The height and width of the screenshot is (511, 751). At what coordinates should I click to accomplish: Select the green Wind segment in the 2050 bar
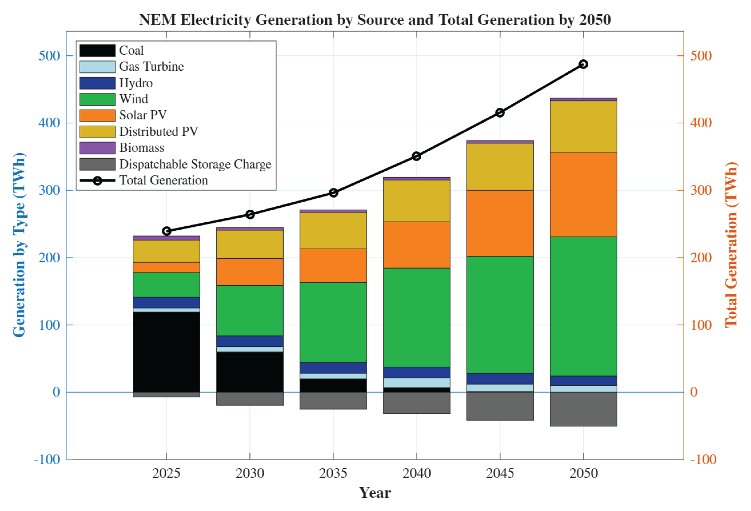tap(583, 306)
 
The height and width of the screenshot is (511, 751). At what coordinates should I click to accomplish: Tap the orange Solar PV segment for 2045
tap(500, 223)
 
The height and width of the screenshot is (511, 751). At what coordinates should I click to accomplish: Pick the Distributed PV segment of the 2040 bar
tap(416, 201)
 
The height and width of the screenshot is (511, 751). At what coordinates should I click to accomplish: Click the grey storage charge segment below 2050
tap(583, 409)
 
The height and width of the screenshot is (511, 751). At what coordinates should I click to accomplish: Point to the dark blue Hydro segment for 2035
tap(333, 368)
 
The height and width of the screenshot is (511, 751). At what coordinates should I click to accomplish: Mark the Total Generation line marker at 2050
tap(583, 64)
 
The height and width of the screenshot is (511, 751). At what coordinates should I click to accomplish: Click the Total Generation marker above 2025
tap(167, 231)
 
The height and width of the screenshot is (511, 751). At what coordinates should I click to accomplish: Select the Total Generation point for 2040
tap(416, 157)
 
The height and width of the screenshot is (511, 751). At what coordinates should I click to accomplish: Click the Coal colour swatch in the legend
tap(97, 50)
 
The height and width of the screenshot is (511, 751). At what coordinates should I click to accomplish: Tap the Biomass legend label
tap(142, 148)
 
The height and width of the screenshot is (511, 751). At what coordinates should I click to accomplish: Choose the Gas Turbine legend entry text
tap(151, 67)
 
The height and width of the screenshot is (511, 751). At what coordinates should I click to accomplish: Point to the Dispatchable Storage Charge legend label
tap(195, 164)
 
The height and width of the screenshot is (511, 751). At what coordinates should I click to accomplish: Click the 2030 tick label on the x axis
tap(250, 473)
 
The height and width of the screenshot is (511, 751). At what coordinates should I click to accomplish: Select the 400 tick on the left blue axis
tap(49, 123)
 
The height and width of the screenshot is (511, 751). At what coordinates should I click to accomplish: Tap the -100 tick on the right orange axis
tap(703, 459)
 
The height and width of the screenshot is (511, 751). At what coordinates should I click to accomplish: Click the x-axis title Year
tap(375, 493)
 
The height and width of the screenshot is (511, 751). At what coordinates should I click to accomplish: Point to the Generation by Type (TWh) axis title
tap(19, 245)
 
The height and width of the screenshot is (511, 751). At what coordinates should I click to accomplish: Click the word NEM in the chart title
tap(158, 20)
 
